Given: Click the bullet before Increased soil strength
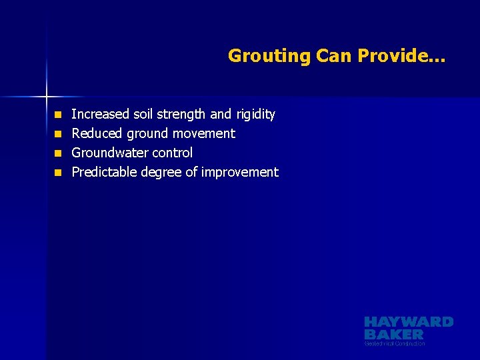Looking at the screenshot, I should click(x=58, y=115).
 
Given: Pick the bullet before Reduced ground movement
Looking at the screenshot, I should click(x=58, y=134).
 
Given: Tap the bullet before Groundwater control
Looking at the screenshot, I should click(x=58, y=153).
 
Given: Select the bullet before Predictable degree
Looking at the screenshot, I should click(x=58, y=173).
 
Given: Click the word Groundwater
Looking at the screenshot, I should click(x=108, y=153).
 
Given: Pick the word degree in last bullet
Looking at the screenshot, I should click(x=161, y=173).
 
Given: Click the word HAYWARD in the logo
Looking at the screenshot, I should click(x=409, y=322).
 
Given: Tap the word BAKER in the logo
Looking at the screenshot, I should click(x=394, y=334).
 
